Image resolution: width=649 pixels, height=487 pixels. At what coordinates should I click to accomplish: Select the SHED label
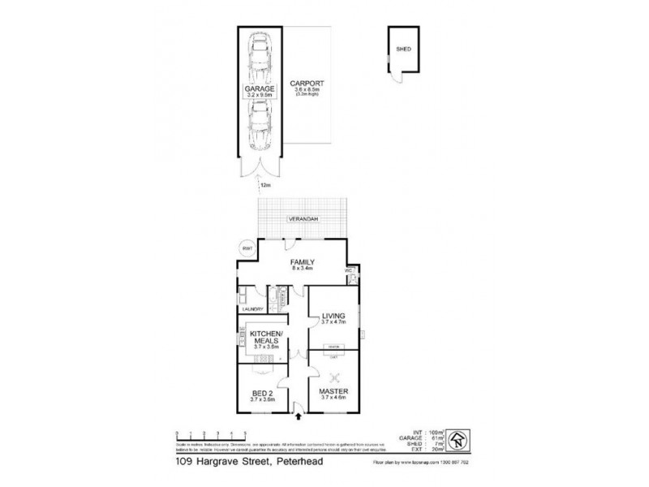point(403,50)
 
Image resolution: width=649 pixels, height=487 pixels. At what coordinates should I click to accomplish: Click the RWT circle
point(246,249)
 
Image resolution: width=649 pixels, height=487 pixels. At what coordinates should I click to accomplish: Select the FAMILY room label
point(303,263)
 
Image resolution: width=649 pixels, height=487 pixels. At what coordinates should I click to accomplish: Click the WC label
point(348,270)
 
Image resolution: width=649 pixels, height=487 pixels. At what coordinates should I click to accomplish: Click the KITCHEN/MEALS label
point(265,338)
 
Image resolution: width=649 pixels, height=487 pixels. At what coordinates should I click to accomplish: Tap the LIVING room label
point(333,316)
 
